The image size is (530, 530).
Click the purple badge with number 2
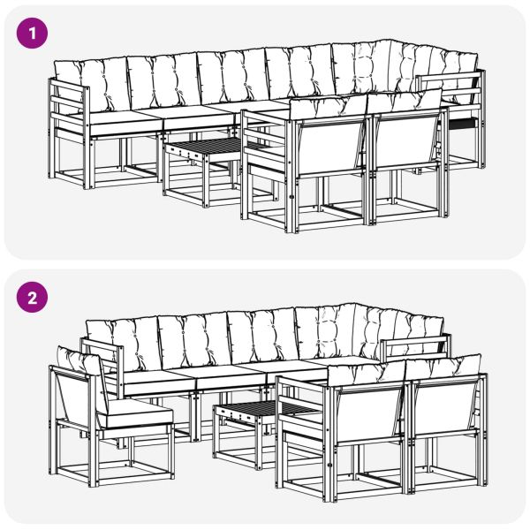point(34,298)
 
